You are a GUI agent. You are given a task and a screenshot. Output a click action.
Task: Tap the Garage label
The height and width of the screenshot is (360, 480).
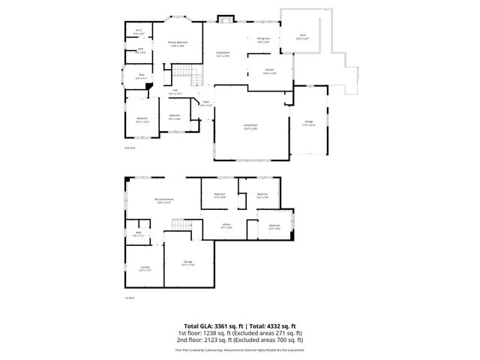309,124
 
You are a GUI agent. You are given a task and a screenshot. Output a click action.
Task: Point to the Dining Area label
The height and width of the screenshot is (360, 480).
263,40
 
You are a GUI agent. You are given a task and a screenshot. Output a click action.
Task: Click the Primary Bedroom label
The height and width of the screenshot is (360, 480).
177,44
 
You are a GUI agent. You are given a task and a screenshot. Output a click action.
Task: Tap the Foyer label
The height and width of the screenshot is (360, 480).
205,104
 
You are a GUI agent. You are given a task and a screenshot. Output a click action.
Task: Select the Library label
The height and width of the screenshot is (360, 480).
226,226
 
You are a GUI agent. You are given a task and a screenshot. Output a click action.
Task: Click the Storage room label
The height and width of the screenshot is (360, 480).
187,262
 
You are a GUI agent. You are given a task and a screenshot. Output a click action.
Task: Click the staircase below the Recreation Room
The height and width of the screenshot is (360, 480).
178,226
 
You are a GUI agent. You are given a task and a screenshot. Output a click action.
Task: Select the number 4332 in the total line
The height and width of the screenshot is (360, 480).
268,325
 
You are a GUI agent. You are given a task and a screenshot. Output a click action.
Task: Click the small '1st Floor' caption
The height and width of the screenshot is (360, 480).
128,298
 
